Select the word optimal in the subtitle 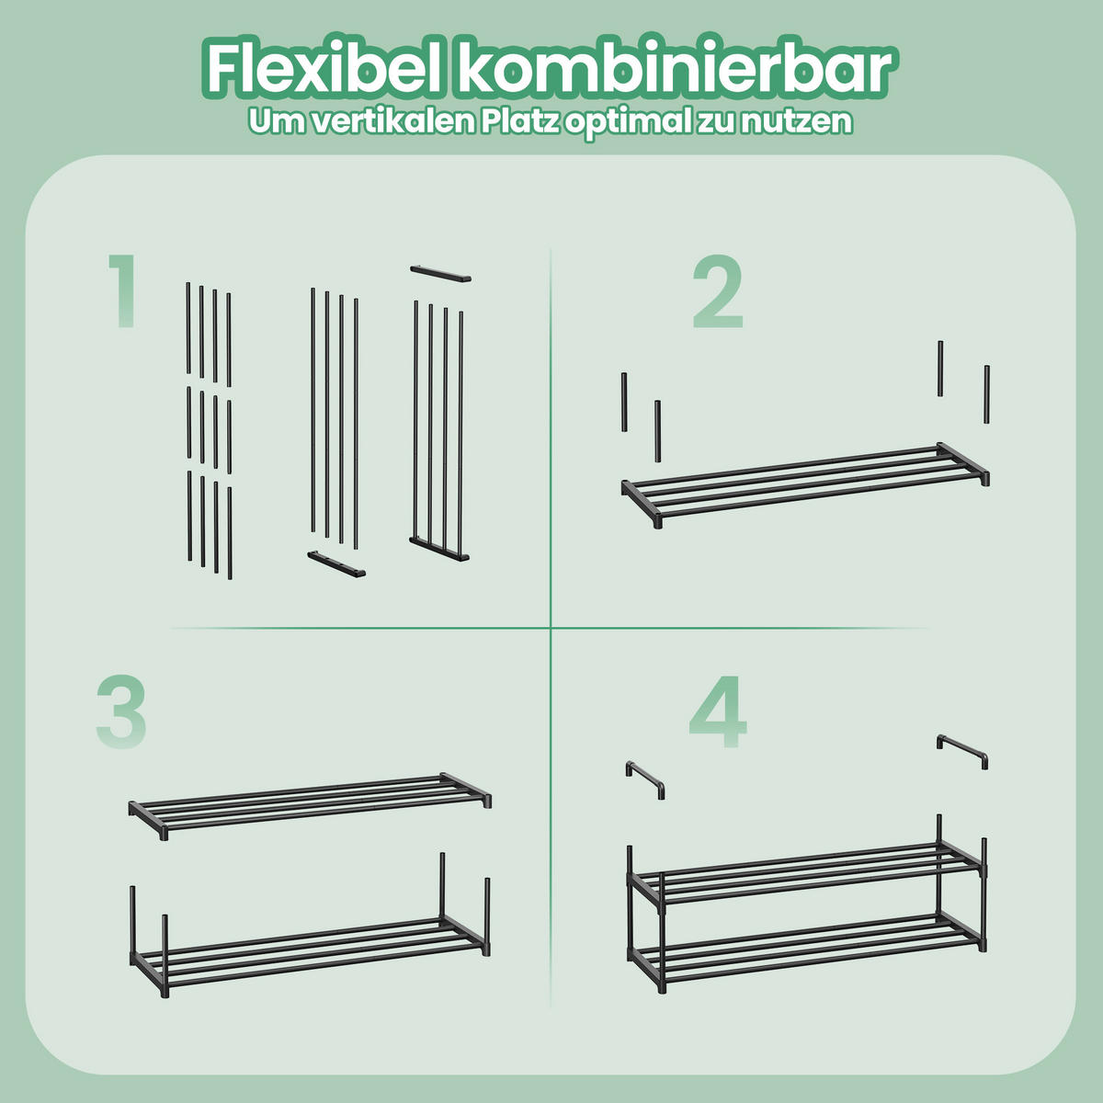[x=626, y=121]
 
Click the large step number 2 [x=717, y=292]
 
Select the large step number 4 [x=718, y=712]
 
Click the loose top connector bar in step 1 [x=440, y=273]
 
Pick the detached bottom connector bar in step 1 [x=335, y=563]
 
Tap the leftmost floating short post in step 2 [x=624, y=403]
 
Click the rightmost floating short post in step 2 [x=986, y=394]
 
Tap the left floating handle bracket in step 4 [x=645, y=779]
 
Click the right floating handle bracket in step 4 [x=962, y=750]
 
